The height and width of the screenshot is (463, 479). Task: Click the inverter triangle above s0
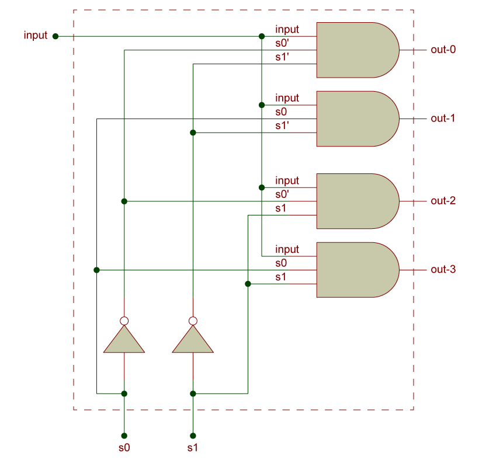tap(124, 341)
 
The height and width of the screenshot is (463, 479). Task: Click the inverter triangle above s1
tap(193, 341)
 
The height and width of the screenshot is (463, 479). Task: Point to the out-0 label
tap(443, 50)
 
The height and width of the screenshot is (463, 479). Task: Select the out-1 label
tap(443, 119)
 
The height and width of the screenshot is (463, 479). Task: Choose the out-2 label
tap(443, 201)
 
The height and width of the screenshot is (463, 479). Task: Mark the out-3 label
tap(443, 270)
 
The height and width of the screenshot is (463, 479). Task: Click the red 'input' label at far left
tap(35, 36)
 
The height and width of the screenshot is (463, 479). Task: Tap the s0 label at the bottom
tap(124, 448)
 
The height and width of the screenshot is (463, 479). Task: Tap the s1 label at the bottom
tap(193, 448)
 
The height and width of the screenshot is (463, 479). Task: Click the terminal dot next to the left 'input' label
tap(55, 36)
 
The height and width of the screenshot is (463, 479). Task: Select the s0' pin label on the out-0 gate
tap(282, 43)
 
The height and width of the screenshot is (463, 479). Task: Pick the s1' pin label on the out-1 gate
tap(282, 126)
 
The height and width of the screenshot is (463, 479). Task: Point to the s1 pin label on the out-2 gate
tap(281, 208)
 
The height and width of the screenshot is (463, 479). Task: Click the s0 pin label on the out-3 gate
tap(281, 263)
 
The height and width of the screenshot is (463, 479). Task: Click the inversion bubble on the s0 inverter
tap(124, 321)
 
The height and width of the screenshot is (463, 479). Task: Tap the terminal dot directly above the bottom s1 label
tap(193, 436)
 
